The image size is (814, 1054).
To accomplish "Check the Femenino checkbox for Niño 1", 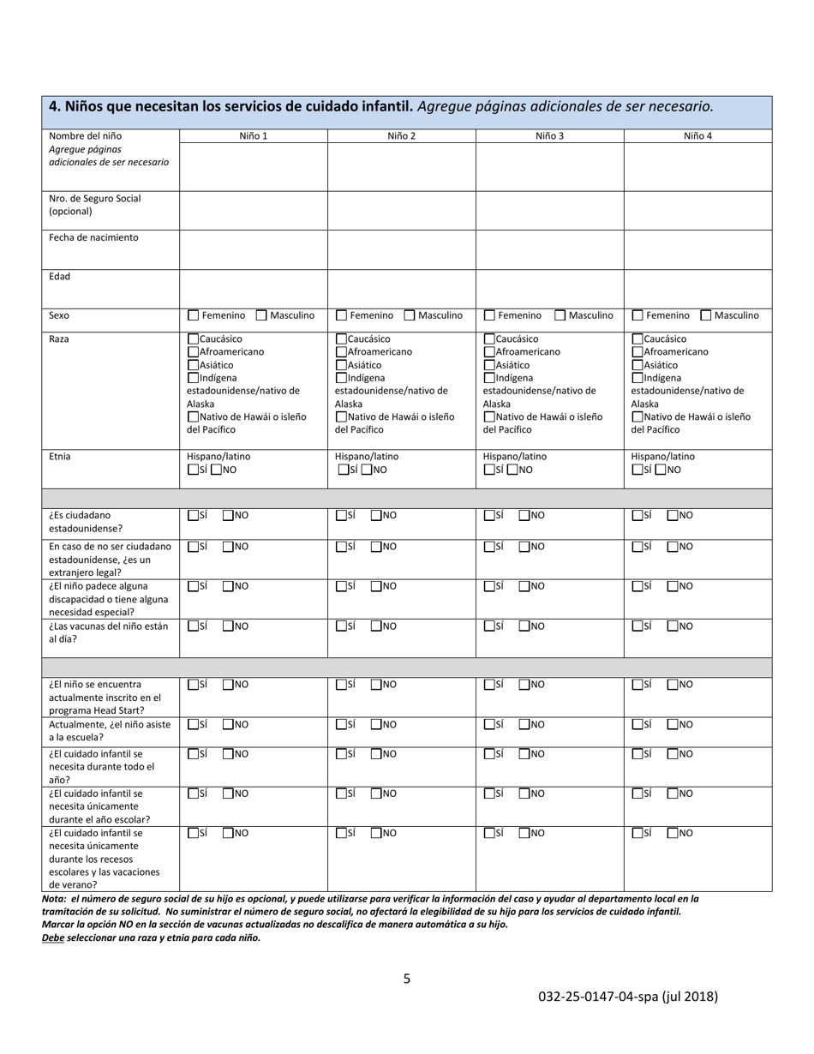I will coord(193,315).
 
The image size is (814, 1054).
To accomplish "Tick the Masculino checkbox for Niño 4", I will coord(706,315).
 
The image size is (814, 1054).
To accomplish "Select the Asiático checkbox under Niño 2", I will coord(341,365).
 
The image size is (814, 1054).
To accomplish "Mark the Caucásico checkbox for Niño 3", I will coord(489,339).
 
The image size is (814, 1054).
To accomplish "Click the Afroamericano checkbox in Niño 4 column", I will coord(637,352).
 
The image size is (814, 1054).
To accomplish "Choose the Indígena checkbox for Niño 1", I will coord(193,378).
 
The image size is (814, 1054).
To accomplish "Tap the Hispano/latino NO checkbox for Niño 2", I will coord(367,470).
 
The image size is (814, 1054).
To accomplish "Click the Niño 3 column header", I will coord(549,135).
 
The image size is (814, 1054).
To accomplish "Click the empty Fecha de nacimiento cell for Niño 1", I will coord(253,249).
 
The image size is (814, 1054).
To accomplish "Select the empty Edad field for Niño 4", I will coord(697,288).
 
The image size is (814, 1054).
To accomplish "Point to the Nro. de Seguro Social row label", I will coord(94,205).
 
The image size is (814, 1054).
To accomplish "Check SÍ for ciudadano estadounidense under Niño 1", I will coord(193,516).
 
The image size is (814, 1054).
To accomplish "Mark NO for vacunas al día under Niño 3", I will coord(524,626).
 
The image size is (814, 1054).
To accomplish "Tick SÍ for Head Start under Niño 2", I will coord(341,685).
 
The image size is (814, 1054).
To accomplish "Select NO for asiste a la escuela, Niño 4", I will coord(673,725).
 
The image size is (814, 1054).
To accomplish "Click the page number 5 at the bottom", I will coord(407,979).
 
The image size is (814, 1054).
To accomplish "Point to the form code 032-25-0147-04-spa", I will coord(628,997).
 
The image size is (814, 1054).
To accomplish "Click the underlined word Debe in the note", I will coord(53,937).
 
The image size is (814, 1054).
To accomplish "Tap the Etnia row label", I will coord(60,457).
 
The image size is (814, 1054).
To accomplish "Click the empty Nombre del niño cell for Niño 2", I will coord(401,166).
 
